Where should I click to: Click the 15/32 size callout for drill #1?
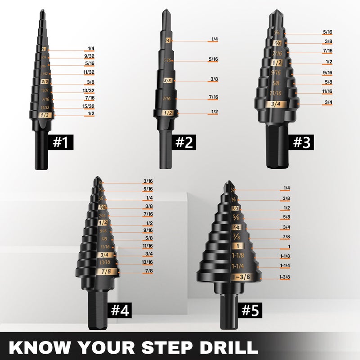pyautogui.click(x=88, y=107)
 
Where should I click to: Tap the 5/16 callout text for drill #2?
pyautogui.click(x=213, y=59)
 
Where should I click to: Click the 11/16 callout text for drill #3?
pyautogui.click(x=328, y=91)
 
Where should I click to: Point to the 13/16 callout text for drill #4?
pyautogui.click(x=148, y=262)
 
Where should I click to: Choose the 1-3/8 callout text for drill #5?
pyautogui.click(x=285, y=277)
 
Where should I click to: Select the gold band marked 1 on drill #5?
pyautogui.click(x=237, y=246)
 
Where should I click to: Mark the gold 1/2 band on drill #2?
pyautogui.click(x=167, y=112)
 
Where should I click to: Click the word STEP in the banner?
pyautogui.click(x=167, y=347)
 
